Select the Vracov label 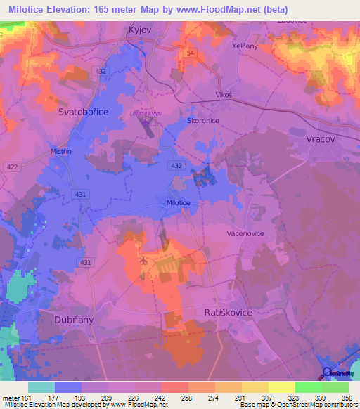point(323,139)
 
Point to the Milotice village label point(178,202)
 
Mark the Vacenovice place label point(245,232)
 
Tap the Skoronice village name point(204,120)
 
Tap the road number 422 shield point(12,167)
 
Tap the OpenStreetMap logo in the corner point(337,373)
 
